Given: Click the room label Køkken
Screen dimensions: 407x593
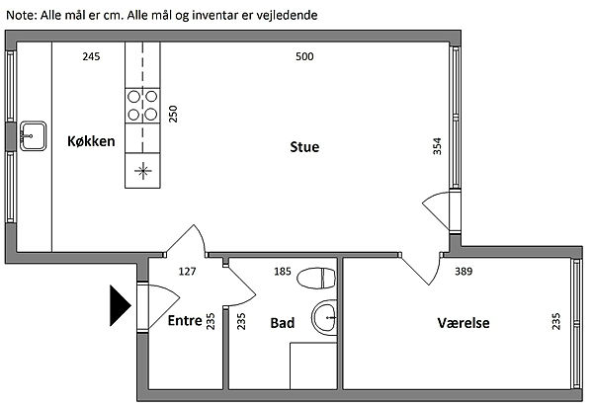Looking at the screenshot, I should [x=91, y=142].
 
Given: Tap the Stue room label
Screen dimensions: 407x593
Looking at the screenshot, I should [x=304, y=148].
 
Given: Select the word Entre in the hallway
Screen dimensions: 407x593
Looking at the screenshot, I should [x=185, y=321].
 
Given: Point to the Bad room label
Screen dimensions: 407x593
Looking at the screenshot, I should [x=282, y=323].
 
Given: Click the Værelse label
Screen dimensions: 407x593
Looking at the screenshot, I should [x=464, y=323].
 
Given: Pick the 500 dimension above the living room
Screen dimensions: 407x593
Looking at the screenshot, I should [x=304, y=57].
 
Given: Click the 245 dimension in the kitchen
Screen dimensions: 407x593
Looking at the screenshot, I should [x=91, y=57].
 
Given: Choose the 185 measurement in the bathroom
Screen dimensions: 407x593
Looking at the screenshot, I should [x=282, y=271].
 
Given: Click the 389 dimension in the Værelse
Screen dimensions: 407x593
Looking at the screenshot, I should [x=464, y=271].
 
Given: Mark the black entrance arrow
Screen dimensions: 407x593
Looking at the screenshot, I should [x=120, y=305].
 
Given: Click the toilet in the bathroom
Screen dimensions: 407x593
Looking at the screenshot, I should [x=316, y=278].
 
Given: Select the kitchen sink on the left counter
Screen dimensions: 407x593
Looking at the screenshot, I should [x=33, y=132].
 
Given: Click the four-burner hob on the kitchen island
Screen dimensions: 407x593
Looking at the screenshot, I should [x=143, y=105].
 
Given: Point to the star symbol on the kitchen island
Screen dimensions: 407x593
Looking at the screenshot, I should [x=143, y=171].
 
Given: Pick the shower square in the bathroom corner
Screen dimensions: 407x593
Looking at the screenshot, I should [x=313, y=366].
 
